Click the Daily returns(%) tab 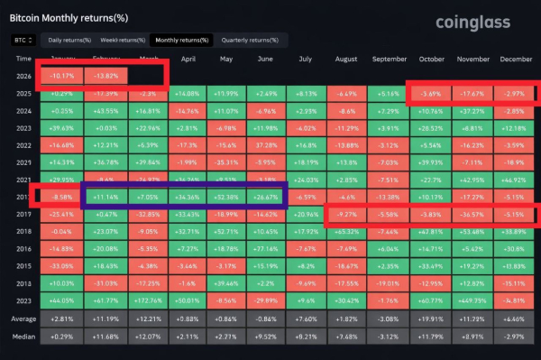(x=69, y=40)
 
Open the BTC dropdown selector (x=23, y=40)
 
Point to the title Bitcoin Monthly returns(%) (x=68, y=15)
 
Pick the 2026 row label (x=23, y=75)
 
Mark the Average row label (x=23, y=318)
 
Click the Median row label (x=23, y=336)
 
